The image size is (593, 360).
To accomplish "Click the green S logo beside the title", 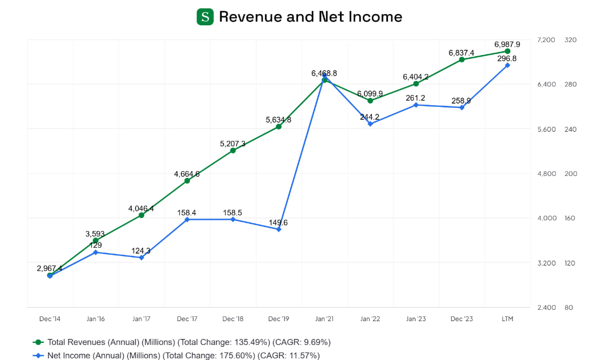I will click(x=205, y=17).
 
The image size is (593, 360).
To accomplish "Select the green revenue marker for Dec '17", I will click(x=187, y=181).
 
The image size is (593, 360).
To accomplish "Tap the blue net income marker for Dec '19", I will click(x=278, y=229).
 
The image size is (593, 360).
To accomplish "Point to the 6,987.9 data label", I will click(x=507, y=44).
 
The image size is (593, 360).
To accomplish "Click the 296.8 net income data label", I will click(x=507, y=58).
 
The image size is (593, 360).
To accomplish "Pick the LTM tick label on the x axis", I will click(x=507, y=319).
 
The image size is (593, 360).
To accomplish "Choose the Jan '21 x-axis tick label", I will click(x=324, y=319).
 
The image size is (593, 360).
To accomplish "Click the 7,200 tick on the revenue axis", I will click(x=546, y=40).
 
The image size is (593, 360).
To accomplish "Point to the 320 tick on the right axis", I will click(x=570, y=40).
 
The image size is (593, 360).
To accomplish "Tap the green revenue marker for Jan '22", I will click(x=370, y=100).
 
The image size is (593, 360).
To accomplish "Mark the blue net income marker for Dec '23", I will click(x=462, y=107).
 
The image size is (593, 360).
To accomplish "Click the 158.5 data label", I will click(x=233, y=213).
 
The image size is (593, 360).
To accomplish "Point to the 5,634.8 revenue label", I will click(x=278, y=120).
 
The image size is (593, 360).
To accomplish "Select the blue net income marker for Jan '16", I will click(x=96, y=252).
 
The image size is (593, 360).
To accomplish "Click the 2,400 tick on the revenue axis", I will click(x=546, y=308).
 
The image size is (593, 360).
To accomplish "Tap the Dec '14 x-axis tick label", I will click(x=50, y=319).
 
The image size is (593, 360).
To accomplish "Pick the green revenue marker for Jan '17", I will click(x=141, y=215).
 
